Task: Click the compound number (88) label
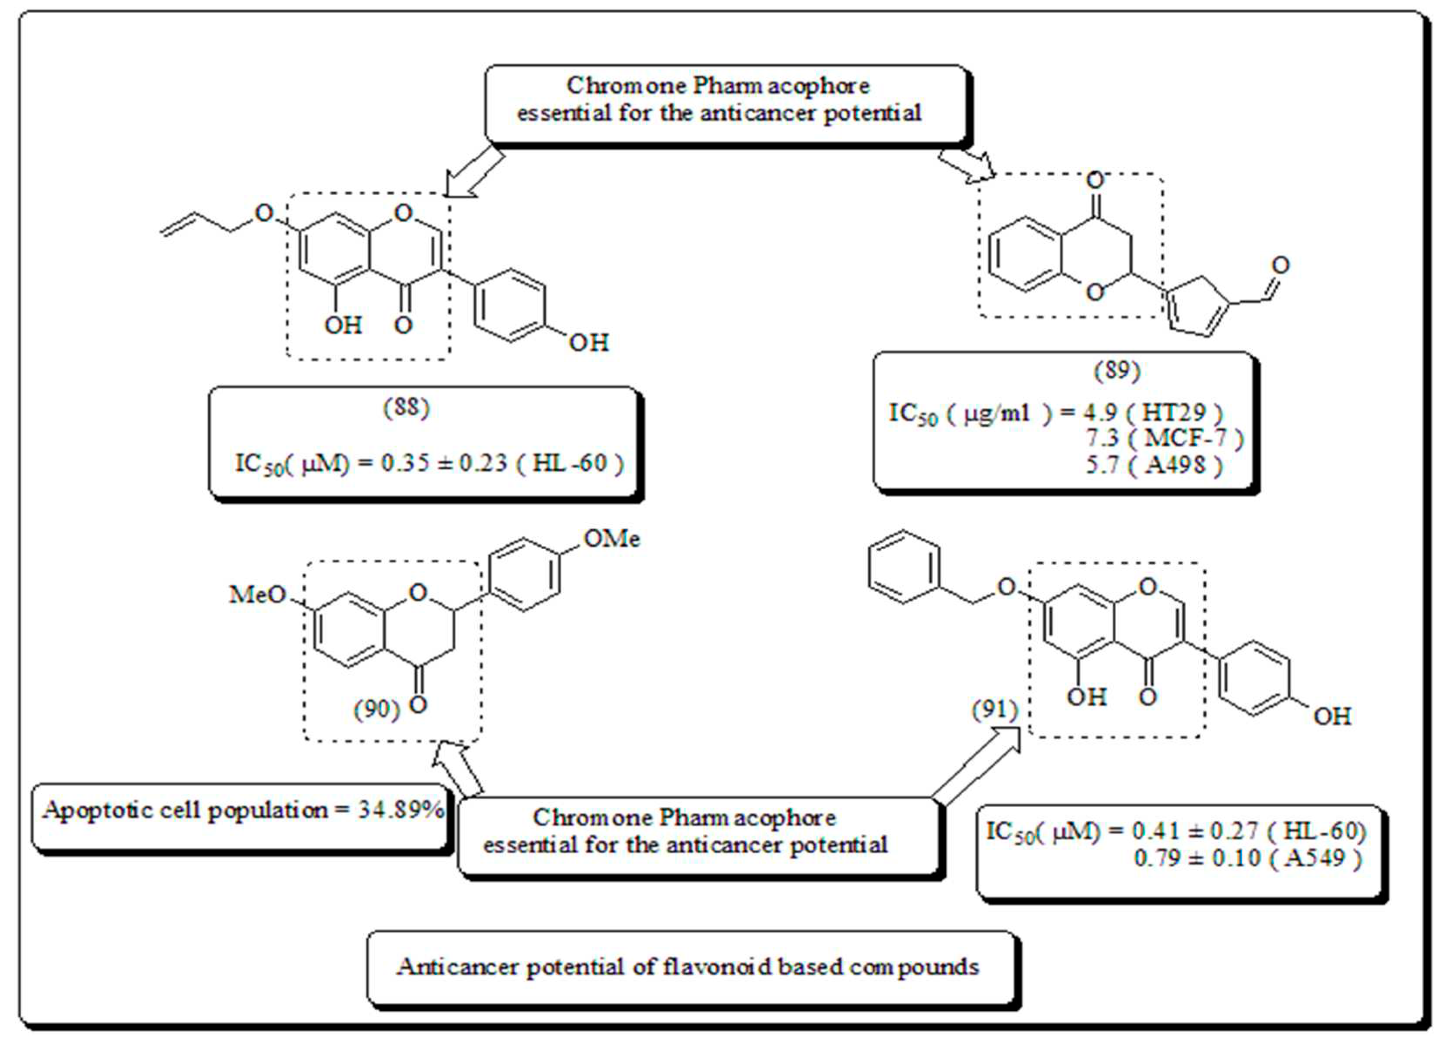click(406, 408)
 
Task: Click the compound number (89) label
click(1117, 370)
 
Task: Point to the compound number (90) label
click(376, 709)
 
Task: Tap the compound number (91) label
click(994, 709)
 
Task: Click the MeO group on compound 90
click(257, 595)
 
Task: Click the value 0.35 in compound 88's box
click(405, 463)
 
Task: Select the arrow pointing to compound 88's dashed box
click(473, 174)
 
